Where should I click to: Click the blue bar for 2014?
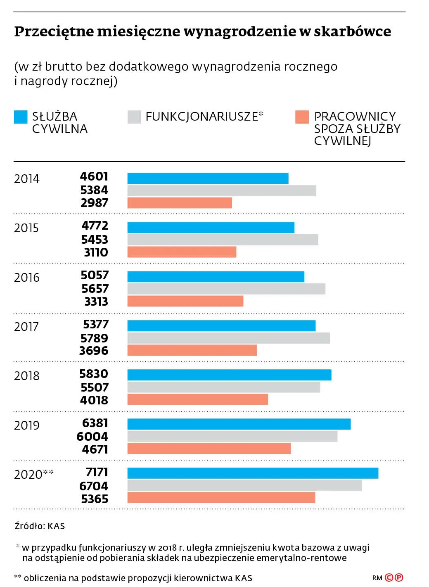[x=208, y=178]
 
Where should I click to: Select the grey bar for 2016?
[x=226, y=289]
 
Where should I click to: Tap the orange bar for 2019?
[x=209, y=449]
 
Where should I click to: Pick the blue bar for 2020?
[x=253, y=473]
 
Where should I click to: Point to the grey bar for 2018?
[x=224, y=387]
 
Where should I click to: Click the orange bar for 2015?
[x=182, y=252]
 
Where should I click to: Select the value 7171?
[x=97, y=472]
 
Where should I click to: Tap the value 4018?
[x=94, y=400]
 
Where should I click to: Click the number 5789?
[x=95, y=338]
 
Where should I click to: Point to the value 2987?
[x=94, y=203]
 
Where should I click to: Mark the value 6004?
[x=92, y=437]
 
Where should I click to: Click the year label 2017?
[x=26, y=327]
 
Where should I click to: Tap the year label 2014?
[x=27, y=179]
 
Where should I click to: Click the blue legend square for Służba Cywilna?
[x=21, y=117]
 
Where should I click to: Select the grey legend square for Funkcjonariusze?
[x=134, y=117]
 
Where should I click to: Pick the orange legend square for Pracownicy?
[x=302, y=117]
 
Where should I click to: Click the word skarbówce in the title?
[x=353, y=31]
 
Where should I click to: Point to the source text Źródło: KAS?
[x=40, y=526]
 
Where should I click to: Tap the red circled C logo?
[x=389, y=577]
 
